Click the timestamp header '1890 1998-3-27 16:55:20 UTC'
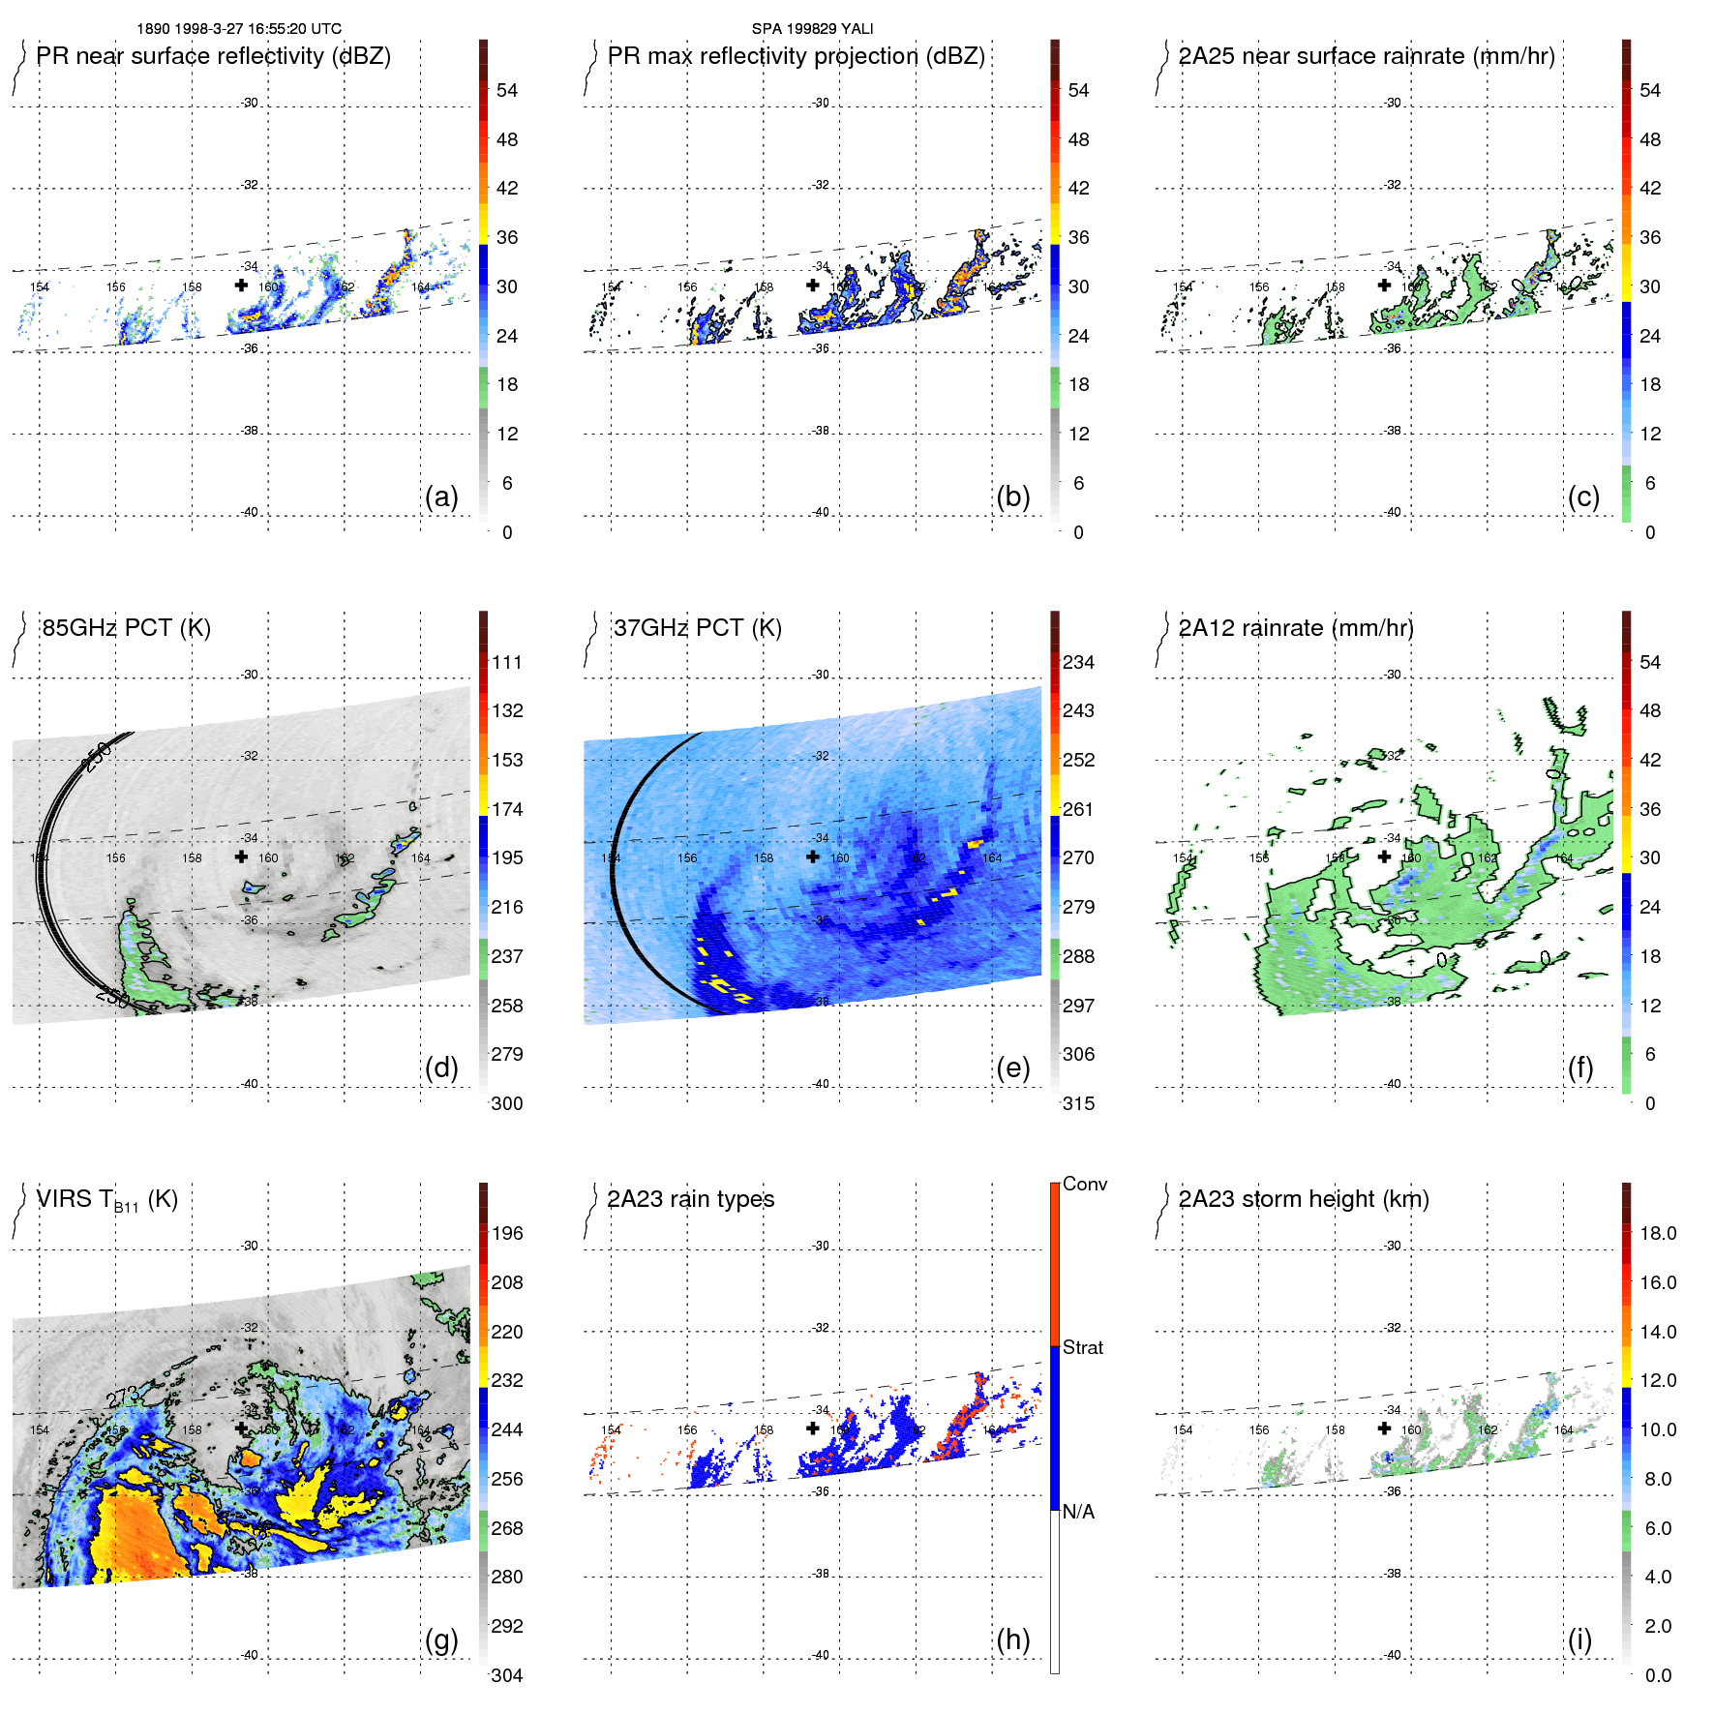(239, 29)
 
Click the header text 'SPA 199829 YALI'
(812, 29)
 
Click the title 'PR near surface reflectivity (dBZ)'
(214, 56)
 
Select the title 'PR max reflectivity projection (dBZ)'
(796, 56)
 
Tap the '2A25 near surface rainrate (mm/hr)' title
(1367, 56)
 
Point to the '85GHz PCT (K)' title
(127, 628)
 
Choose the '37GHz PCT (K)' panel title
(698, 628)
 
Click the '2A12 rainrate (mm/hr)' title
(1296, 628)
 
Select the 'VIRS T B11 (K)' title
(107, 1200)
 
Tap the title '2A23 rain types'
(691, 1199)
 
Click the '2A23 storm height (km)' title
(1304, 1199)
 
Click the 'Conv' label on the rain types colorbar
(1085, 1185)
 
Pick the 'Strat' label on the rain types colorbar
(1083, 1348)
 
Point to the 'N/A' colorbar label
(1078, 1512)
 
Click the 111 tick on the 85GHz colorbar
(507, 663)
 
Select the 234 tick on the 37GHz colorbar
(1078, 663)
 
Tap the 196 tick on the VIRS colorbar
(507, 1234)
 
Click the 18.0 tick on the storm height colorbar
(1658, 1234)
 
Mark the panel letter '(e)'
(1013, 1068)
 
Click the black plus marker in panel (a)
(241, 286)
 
